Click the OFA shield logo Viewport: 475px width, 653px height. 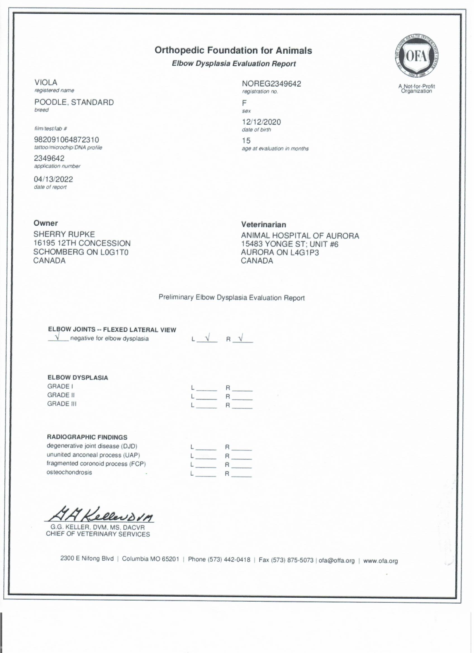tap(417, 56)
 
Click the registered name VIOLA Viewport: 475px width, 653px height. tap(46, 83)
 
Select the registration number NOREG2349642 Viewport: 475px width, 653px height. tap(271, 84)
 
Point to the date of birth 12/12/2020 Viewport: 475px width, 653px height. tap(261, 122)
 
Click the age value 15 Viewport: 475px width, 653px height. tap(246, 141)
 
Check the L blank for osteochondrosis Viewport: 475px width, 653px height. tap(205, 474)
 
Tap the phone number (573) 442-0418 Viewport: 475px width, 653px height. tap(229, 560)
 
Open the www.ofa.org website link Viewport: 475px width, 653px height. tap(380, 561)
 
